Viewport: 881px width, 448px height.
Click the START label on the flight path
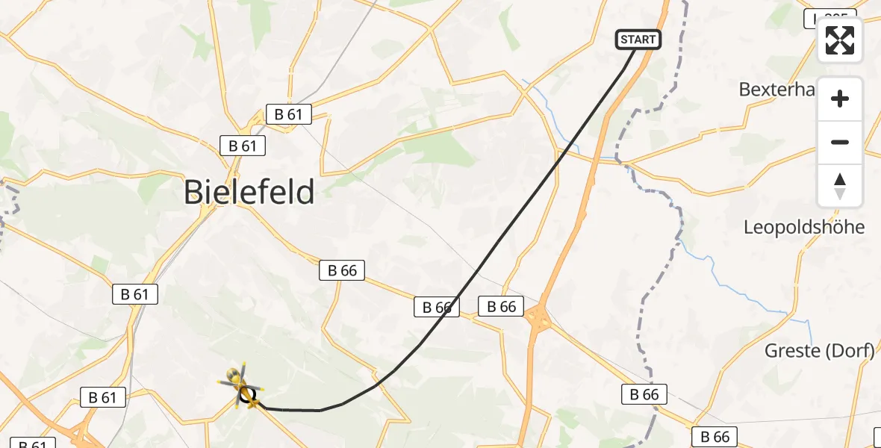click(x=638, y=40)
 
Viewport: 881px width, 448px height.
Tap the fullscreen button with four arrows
click(x=840, y=40)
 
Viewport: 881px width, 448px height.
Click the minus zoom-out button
click(x=840, y=142)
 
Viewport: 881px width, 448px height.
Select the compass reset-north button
click(x=840, y=186)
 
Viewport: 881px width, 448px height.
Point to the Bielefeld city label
click(x=249, y=193)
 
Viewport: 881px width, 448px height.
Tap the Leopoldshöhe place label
click(x=803, y=227)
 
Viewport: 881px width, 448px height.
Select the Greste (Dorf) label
click(x=819, y=350)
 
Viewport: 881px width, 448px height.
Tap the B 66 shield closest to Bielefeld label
click(x=343, y=270)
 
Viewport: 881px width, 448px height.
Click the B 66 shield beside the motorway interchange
click(x=502, y=305)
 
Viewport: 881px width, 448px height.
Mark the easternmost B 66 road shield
click(x=715, y=436)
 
